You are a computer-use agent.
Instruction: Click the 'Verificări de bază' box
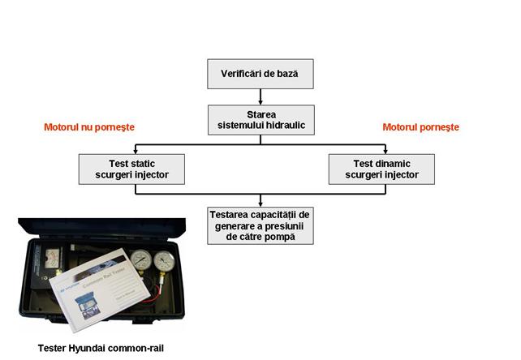point(260,74)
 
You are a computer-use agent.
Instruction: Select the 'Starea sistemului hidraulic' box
point(260,120)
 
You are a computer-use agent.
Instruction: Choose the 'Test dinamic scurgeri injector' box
point(381,169)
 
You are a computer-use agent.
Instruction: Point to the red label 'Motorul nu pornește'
point(88,127)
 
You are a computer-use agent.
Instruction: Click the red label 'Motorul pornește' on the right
point(420,127)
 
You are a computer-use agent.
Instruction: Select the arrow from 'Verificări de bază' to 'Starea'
point(260,96)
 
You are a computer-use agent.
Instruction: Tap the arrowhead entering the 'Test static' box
point(134,151)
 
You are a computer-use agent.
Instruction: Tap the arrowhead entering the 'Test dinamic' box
point(381,151)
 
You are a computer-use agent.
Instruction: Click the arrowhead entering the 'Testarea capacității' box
point(260,203)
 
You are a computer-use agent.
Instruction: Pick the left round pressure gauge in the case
point(140,263)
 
